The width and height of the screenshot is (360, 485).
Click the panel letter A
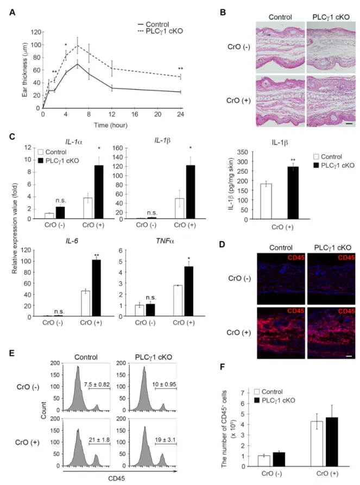(12, 12)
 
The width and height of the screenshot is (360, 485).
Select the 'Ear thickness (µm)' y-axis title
(25, 70)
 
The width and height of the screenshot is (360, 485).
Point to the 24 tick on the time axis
(180, 114)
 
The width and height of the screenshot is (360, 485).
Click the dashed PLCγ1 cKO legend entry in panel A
(160, 32)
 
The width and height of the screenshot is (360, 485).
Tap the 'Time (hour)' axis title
(111, 125)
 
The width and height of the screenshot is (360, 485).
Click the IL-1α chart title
(74, 142)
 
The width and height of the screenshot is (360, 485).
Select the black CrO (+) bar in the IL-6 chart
(96, 288)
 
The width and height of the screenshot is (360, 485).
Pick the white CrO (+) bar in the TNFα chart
(178, 301)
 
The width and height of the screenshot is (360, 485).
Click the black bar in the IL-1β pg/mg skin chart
(293, 193)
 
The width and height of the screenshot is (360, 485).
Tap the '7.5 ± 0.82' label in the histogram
(97, 384)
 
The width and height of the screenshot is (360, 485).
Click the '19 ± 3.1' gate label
(166, 439)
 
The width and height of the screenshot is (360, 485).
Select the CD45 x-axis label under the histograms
(117, 478)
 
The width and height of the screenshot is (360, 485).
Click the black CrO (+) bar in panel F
(332, 442)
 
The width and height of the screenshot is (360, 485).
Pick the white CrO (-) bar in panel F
(264, 461)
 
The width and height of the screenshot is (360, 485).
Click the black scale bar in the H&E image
(349, 123)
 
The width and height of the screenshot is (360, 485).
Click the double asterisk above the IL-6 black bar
(97, 255)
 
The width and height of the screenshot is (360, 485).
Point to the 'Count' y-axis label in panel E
(43, 411)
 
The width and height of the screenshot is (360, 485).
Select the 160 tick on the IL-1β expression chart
(118, 148)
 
